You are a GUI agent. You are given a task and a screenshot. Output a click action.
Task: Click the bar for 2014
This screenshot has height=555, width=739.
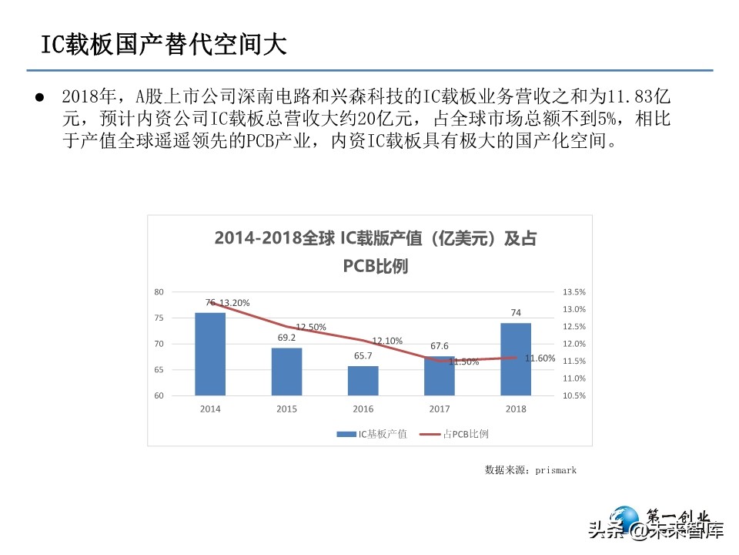[210, 354]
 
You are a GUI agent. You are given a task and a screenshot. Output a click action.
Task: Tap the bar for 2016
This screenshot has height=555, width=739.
[363, 381]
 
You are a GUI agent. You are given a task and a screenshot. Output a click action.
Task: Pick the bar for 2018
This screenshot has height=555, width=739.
[516, 359]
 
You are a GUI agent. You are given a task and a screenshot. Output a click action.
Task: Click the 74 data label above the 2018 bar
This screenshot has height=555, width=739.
[516, 313]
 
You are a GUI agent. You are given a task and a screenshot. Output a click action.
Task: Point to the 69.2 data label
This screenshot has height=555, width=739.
[286, 338]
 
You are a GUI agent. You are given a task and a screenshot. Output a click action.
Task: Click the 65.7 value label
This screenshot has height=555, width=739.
[363, 355]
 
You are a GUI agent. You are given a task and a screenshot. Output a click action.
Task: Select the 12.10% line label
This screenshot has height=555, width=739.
[387, 341]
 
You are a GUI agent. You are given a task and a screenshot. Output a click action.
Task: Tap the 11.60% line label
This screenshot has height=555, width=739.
[540, 358]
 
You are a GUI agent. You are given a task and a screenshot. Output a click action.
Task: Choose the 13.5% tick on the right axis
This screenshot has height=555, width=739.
[575, 292]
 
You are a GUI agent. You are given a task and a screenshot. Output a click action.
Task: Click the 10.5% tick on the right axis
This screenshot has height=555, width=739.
[575, 396]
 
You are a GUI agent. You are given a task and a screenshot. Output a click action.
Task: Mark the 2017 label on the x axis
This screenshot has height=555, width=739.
[440, 409]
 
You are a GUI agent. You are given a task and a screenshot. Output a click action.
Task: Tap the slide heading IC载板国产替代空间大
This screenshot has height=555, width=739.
[163, 45]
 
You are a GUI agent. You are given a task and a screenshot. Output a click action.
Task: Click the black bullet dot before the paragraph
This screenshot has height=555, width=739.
[40, 98]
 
